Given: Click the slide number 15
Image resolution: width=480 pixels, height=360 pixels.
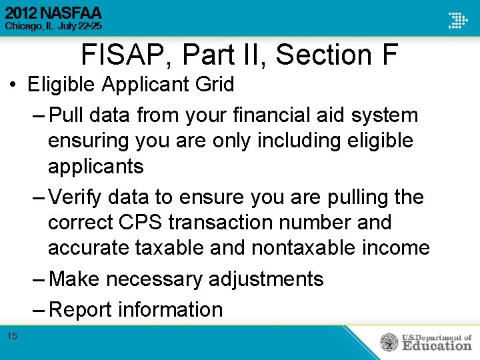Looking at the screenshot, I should click(x=13, y=336).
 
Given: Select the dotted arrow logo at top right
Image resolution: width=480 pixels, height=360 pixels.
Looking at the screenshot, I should click(x=457, y=20).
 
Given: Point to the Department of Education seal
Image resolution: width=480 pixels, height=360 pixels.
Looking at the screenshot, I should click(x=389, y=342).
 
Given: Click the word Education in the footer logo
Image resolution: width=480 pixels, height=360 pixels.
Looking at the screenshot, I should click(x=437, y=345).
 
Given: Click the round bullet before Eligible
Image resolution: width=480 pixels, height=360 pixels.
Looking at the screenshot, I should click(x=13, y=85).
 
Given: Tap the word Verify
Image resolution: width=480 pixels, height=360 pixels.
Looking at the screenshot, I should click(x=79, y=197).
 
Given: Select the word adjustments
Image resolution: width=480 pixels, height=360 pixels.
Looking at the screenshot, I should click(x=266, y=279).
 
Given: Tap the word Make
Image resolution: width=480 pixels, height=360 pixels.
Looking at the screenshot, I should click(x=74, y=279).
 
